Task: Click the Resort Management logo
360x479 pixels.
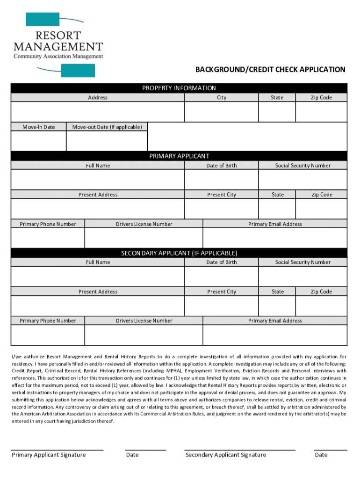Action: tap(58, 44)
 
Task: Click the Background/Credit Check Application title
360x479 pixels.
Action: tap(270, 70)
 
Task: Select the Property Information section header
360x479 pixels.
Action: tap(180, 88)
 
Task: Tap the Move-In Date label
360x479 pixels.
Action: tap(39, 127)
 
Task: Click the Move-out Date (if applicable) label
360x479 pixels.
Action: tap(107, 127)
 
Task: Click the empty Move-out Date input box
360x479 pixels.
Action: tap(107, 141)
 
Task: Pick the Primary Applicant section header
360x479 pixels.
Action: tap(180, 156)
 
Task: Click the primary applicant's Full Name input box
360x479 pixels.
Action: tap(98, 180)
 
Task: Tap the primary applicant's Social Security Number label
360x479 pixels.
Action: tap(302, 166)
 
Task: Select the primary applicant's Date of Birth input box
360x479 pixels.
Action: tap(222, 180)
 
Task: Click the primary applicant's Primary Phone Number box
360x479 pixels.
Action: tap(48, 238)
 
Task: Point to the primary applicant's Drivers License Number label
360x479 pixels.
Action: tap(144, 224)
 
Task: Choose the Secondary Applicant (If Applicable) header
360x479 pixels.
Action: tap(180, 253)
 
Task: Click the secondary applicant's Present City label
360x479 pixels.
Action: tap(222, 291)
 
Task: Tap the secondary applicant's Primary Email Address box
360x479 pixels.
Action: tap(275, 335)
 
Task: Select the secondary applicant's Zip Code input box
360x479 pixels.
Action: tap(322, 306)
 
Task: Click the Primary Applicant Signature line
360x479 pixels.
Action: tap(57, 449)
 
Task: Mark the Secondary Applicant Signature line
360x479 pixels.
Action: tap(240, 449)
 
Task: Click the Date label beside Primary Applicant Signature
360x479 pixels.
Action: tap(132, 455)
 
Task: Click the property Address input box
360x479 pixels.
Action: tap(98, 112)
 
